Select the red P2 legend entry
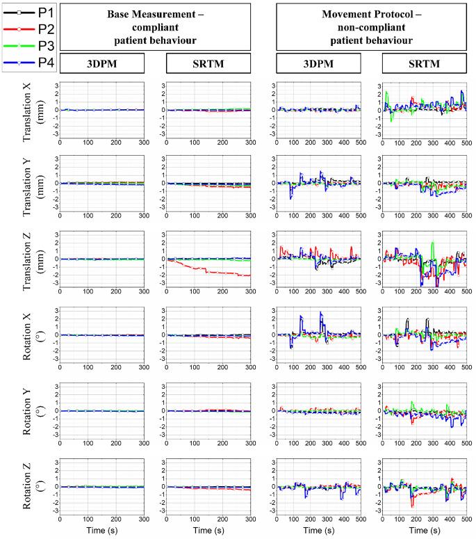28,29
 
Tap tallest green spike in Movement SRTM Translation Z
433,243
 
